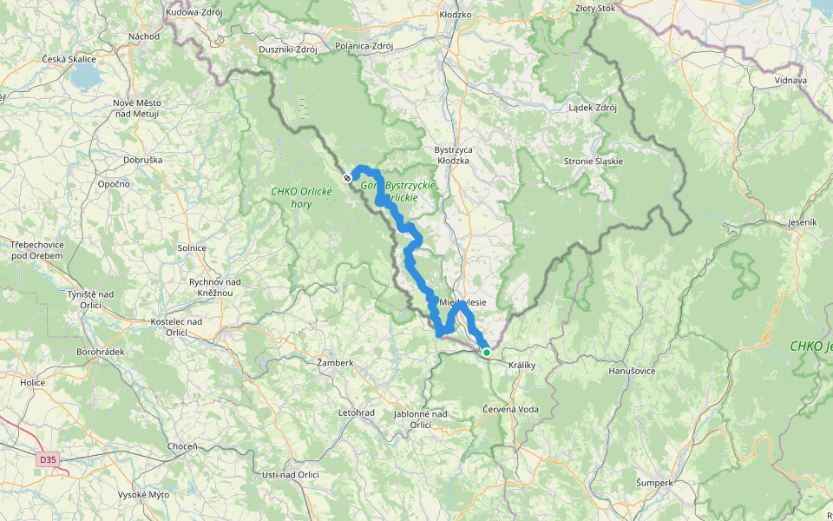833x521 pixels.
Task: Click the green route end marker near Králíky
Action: tap(487, 352)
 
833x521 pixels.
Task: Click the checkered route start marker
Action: tap(347, 177)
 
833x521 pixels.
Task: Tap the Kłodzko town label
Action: tap(455, 15)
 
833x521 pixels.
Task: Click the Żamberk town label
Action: tap(334, 362)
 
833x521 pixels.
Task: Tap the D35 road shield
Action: tap(48, 458)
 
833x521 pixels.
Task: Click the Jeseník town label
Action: tap(802, 222)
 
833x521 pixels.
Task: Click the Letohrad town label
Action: tap(356, 412)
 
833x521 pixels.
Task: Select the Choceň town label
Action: tap(182, 446)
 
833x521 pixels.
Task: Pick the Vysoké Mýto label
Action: tap(147, 494)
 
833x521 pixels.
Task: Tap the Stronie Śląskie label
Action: tap(593, 162)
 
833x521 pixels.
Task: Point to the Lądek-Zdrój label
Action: tap(592, 108)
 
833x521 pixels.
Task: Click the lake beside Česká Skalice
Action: tap(86, 78)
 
